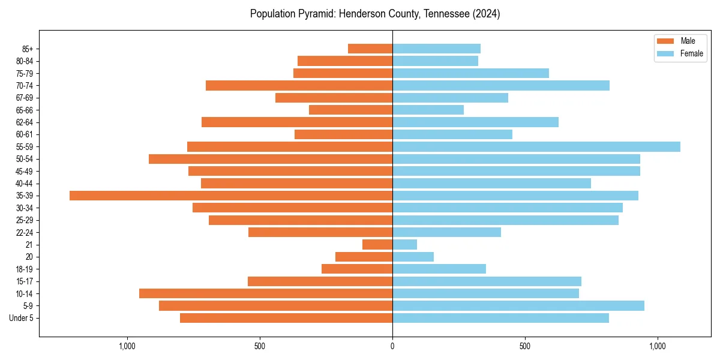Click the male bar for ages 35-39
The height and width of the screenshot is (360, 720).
(231, 196)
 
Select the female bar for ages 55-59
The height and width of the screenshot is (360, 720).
(536, 146)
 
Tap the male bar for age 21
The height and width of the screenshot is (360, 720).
(377, 245)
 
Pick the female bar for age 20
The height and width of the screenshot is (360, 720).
(413, 257)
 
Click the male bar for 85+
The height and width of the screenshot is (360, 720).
(370, 49)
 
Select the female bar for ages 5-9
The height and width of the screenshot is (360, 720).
(518, 306)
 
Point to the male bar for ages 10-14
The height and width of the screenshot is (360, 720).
(266, 293)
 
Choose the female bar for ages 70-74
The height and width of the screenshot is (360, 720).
(501, 85)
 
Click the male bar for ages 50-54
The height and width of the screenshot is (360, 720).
(271, 159)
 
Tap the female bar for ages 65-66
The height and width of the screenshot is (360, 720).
(428, 110)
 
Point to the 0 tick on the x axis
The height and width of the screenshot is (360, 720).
(392, 346)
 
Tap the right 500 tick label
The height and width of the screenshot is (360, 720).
(525, 346)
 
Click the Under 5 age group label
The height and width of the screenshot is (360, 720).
(21, 318)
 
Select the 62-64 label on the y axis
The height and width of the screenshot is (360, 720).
(25, 122)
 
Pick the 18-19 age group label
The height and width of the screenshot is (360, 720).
(25, 269)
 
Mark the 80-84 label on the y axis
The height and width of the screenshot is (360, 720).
(25, 61)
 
